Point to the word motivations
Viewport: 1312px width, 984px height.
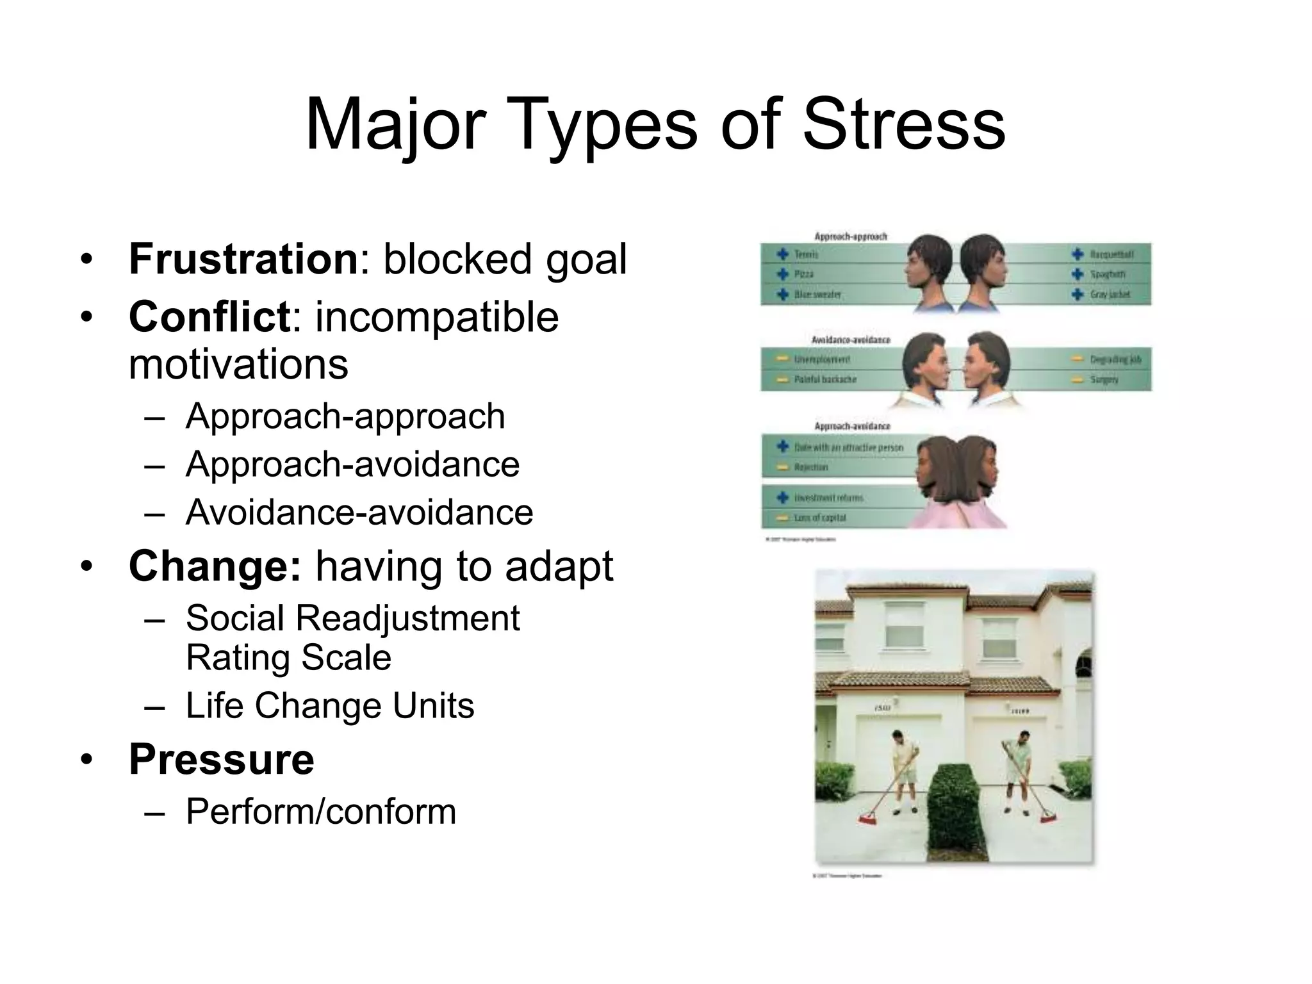point(238,364)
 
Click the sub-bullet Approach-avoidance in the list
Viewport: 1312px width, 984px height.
point(352,464)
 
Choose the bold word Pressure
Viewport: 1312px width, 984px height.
point(222,759)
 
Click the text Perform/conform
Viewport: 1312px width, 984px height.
point(321,811)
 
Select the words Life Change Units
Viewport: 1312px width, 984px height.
point(330,705)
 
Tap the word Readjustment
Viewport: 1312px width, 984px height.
point(407,618)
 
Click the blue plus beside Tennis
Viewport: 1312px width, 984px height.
point(782,254)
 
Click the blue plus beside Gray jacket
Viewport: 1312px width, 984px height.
point(1078,295)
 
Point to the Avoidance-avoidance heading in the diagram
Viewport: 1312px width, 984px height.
point(851,340)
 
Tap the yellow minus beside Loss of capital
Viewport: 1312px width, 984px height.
point(782,518)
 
